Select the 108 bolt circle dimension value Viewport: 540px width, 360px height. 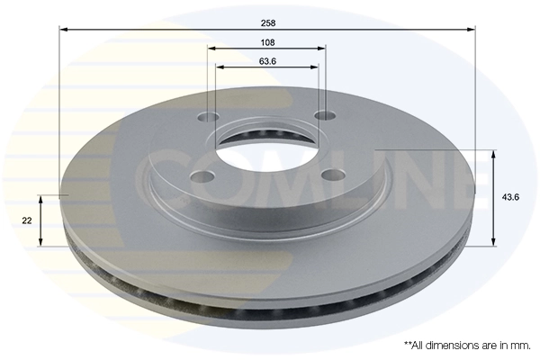(x=266, y=41)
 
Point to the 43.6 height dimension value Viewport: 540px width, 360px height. (x=508, y=197)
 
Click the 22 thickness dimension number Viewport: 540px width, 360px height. (x=29, y=220)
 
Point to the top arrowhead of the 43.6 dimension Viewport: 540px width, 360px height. (x=493, y=154)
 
